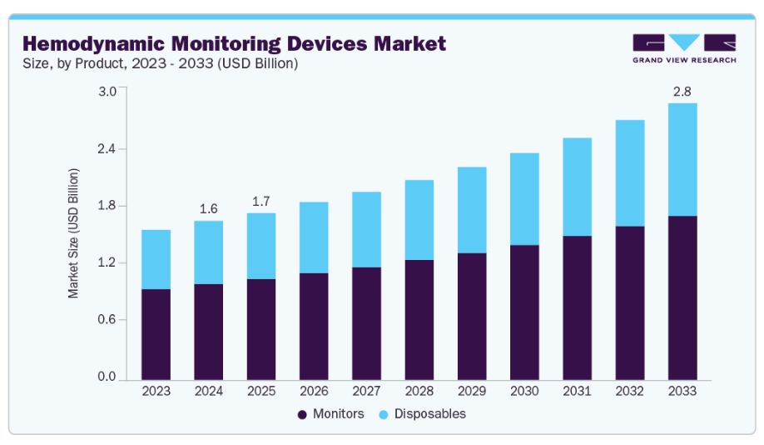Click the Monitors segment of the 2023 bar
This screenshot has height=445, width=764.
tap(156, 333)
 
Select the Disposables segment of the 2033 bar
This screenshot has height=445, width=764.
tap(682, 159)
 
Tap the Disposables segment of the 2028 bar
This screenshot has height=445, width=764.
tap(419, 220)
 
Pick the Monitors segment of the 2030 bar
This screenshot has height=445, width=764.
tap(524, 312)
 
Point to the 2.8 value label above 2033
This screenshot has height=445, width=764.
tap(682, 91)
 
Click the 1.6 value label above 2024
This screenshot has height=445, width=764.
tap(208, 208)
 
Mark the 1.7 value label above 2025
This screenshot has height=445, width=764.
tap(261, 201)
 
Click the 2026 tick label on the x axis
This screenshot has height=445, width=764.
tap(314, 390)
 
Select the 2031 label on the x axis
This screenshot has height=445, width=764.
tap(577, 390)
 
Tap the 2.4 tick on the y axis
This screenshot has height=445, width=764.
tap(107, 149)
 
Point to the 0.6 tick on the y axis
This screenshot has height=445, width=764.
tap(107, 320)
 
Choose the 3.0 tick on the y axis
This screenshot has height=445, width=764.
tap(107, 92)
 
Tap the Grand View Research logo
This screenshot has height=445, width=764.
tap(683, 48)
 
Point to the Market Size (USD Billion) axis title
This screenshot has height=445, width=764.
tap(73, 232)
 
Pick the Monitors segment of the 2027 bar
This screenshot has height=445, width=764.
tap(366, 323)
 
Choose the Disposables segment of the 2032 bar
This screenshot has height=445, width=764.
tap(630, 173)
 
